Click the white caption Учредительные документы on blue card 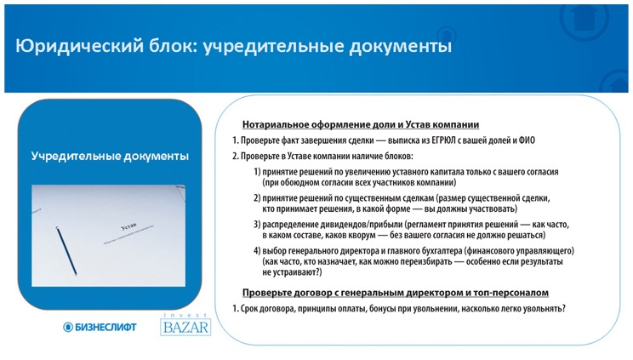[x=110, y=157]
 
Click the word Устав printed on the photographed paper [x=128, y=226]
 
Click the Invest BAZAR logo [x=185, y=325]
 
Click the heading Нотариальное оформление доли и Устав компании [x=361, y=124]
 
